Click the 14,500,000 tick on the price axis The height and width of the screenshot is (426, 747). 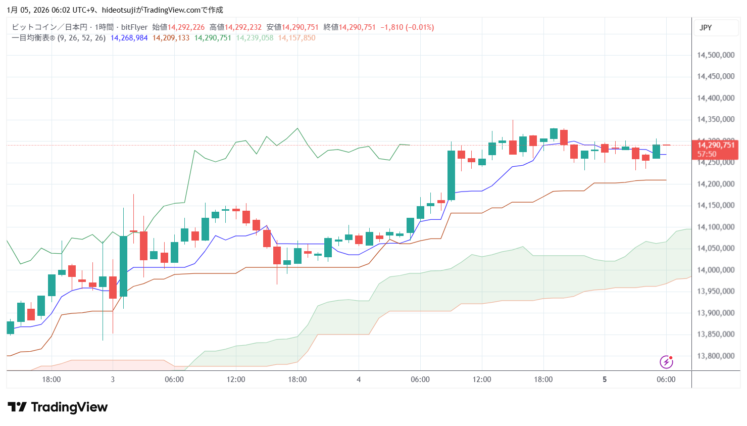pos(715,55)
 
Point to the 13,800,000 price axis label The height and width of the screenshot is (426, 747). pos(715,356)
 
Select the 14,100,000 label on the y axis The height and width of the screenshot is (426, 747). pos(715,227)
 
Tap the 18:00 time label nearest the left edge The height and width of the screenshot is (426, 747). pos(51,380)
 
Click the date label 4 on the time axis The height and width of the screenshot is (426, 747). pos(359,380)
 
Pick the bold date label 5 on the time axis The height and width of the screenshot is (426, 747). pos(605,380)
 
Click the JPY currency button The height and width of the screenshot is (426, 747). pos(706,28)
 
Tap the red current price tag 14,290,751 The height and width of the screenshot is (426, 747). pos(715,146)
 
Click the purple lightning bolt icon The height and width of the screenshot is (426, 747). pos(666,362)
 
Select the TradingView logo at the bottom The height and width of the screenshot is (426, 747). pos(58,407)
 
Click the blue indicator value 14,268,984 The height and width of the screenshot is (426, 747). pos(129,38)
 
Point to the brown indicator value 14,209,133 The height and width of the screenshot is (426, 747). pos(171,38)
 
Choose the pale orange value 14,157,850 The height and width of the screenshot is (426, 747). pos(296,38)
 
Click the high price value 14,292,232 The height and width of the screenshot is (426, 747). pos(243,27)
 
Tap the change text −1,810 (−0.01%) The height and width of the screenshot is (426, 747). pos(407,27)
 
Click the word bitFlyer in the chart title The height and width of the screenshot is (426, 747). pos(134,27)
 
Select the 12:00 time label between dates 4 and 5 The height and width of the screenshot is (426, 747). pos(482,380)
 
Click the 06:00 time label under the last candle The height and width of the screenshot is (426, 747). pos(666,380)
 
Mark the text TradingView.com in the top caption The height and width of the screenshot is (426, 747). pos(172,10)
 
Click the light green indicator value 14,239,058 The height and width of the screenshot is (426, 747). pos(255,38)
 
